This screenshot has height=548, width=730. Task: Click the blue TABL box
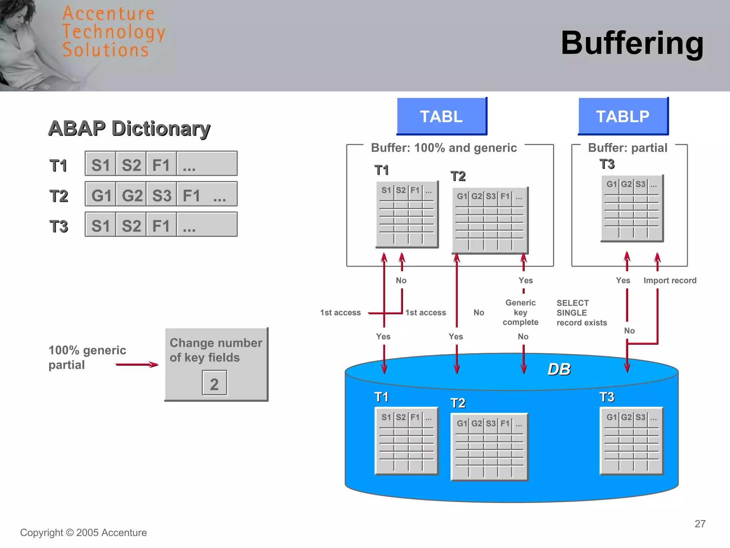click(x=441, y=116)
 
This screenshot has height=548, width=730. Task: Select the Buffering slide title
click(x=632, y=43)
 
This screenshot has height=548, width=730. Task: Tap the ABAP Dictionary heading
click(x=129, y=128)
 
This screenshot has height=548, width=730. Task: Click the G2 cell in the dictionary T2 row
click(x=132, y=195)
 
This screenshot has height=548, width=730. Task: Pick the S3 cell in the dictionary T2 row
click(x=161, y=195)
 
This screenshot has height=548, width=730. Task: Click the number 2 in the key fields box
click(x=214, y=384)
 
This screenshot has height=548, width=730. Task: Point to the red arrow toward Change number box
click(x=137, y=364)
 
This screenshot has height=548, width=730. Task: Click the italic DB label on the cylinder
click(x=559, y=369)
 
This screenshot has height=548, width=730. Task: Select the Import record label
click(x=669, y=280)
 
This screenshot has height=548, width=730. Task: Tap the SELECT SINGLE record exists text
click(x=581, y=313)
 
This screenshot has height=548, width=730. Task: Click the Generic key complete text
click(x=520, y=312)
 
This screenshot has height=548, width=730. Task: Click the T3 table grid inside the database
click(x=631, y=441)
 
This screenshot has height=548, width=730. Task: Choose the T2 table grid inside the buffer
click(x=489, y=220)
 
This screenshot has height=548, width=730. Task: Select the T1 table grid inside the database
click(x=406, y=441)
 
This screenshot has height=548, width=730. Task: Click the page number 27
click(x=700, y=524)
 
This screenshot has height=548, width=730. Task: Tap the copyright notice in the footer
click(x=83, y=532)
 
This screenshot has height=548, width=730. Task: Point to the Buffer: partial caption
click(x=627, y=148)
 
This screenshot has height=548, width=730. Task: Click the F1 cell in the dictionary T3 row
click(x=161, y=225)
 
